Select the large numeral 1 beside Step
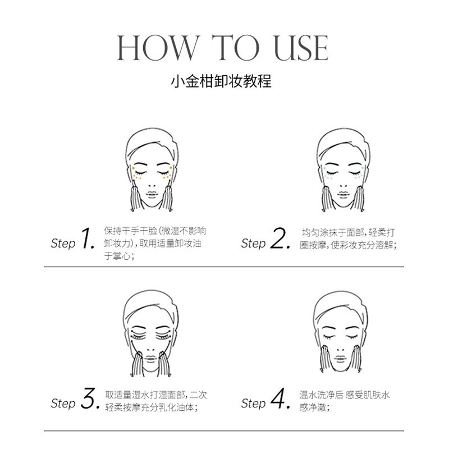point(88,239)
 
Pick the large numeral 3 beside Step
point(89,400)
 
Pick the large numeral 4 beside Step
point(279,400)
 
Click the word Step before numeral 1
point(62,244)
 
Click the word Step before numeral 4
point(253,404)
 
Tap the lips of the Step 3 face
point(152,356)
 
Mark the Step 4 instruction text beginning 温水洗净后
point(345,401)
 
